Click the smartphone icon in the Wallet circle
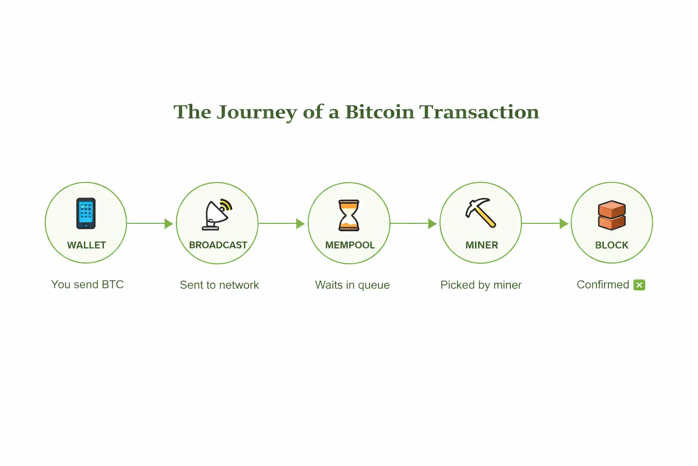pyautogui.click(x=86, y=213)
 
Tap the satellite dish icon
pyautogui.click(x=217, y=215)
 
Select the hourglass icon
pyautogui.click(x=349, y=215)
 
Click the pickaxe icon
pyautogui.click(x=480, y=213)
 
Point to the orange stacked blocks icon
pyautogui.click(x=612, y=215)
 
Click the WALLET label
pyautogui.click(x=86, y=245)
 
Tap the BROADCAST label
pyautogui.click(x=218, y=245)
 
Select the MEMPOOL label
pyautogui.click(x=350, y=245)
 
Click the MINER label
pyautogui.click(x=482, y=245)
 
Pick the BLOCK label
pyautogui.click(x=612, y=245)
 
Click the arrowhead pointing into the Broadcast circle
pyautogui.click(x=169, y=223)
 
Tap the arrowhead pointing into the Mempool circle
pyautogui.click(x=300, y=223)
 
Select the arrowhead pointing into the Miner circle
pyautogui.click(x=432, y=223)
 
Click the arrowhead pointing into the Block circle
pyautogui.click(x=564, y=223)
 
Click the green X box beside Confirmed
pyautogui.click(x=639, y=285)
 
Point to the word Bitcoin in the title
pyautogui.click(x=379, y=112)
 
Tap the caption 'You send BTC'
pyautogui.click(x=88, y=285)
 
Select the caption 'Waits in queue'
pyautogui.click(x=352, y=285)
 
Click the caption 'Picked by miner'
pyautogui.click(x=481, y=285)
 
